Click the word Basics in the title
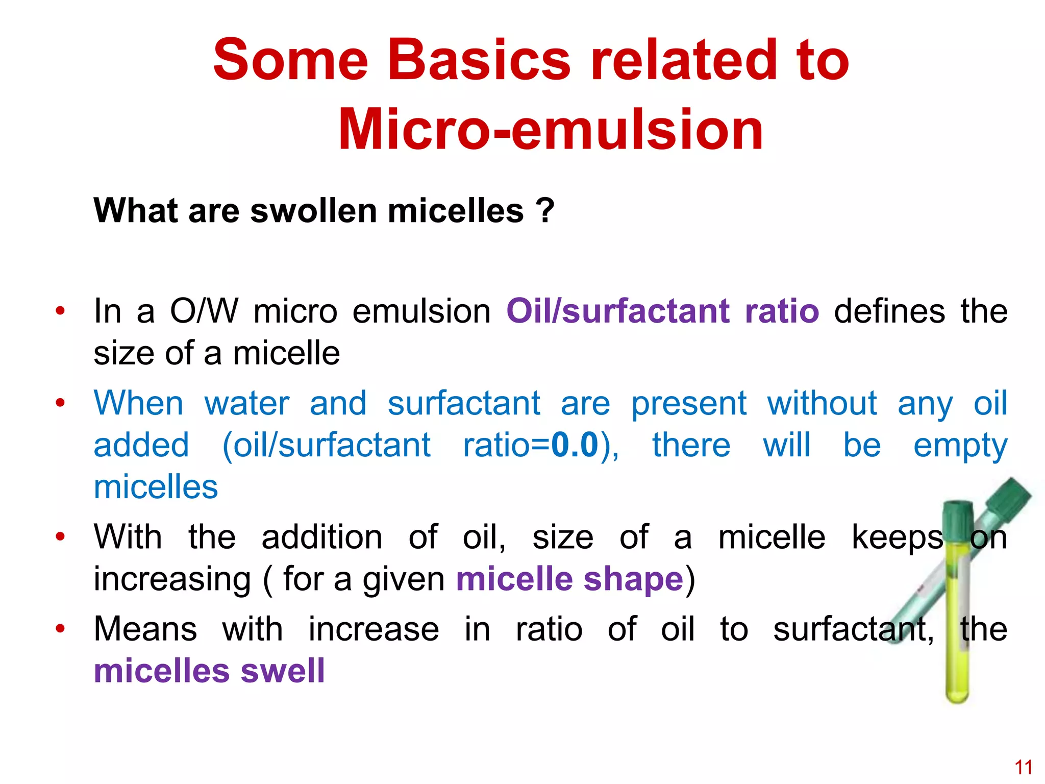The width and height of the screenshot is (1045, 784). tap(479, 60)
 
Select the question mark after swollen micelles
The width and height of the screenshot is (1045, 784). tap(544, 211)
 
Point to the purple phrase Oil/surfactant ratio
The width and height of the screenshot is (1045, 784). tap(662, 311)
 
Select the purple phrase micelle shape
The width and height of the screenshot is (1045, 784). tap(569, 579)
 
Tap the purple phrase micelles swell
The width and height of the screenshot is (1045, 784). tap(209, 671)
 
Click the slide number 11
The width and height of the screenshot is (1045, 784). tap(1023, 767)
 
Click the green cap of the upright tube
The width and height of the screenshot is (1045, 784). tap(958, 520)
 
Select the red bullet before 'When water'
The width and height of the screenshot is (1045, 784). tap(60, 403)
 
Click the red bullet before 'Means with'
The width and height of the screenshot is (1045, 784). tap(60, 628)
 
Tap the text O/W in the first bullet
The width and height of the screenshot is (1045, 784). tap(204, 311)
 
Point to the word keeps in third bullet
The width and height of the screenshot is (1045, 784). tap(897, 537)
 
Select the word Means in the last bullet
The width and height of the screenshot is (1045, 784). tap(145, 629)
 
